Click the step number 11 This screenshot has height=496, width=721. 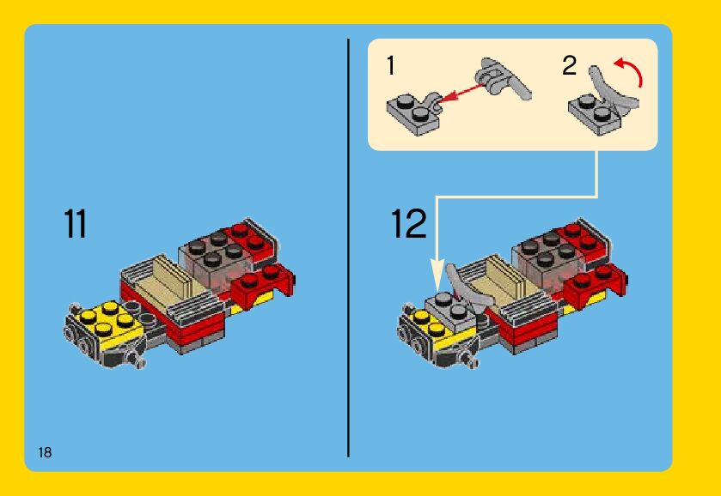tap(75, 224)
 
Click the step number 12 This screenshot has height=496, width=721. tap(409, 224)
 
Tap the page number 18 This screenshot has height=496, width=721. tap(45, 452)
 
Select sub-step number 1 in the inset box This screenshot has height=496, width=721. tap(391, 65)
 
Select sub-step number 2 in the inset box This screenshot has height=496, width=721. tap(569, 65)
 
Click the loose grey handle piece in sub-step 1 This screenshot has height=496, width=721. tap(504, 78)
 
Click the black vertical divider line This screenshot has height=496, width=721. tap(349, 248)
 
